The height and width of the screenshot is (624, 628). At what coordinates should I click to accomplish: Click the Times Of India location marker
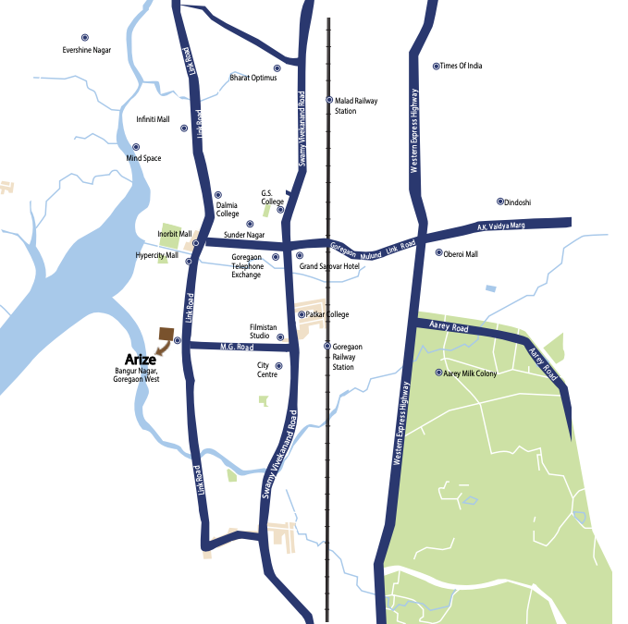437,66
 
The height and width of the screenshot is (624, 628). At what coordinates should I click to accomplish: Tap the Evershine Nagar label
86,50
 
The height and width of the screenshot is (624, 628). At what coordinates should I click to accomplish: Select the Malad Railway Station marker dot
328,100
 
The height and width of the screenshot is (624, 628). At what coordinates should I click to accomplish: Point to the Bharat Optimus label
253,78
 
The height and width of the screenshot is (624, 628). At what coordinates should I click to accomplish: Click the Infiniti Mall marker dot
184,128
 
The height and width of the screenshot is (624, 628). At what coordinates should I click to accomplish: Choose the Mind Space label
143,158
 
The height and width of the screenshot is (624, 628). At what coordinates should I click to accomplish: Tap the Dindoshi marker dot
500,201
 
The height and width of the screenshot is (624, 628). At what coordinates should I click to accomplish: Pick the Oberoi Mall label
461,253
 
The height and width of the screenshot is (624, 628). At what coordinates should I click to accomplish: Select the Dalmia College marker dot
218,194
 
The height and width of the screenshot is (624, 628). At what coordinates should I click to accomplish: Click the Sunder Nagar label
244,235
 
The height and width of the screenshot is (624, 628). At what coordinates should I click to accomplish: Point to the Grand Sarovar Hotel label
328,266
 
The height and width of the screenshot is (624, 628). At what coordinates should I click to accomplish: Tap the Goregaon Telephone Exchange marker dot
276,256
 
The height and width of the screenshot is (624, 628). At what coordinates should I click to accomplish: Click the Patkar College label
327,314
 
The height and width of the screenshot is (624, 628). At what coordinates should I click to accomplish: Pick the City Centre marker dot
278,366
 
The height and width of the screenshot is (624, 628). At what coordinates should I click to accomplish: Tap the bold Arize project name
140,359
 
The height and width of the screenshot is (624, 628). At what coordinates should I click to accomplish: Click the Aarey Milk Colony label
471,373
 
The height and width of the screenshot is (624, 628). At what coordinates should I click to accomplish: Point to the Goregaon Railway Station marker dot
326,346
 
